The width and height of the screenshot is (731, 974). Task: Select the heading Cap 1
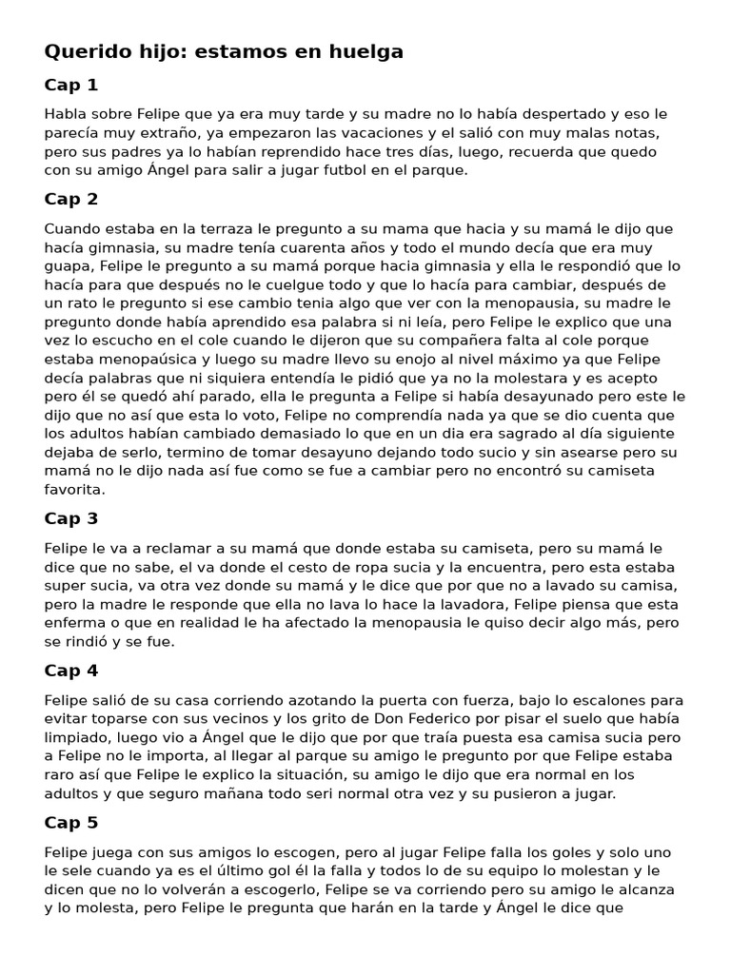(x=71, y=86)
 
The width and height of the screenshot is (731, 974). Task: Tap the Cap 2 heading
(x=71, y=200)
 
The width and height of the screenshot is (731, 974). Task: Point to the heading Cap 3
(x=71, y=519)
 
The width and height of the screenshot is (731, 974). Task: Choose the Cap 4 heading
(x=71, y=672)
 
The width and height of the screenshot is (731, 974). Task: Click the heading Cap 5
(x=71, y=824)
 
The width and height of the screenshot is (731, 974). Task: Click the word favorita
(x=74, y=489)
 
